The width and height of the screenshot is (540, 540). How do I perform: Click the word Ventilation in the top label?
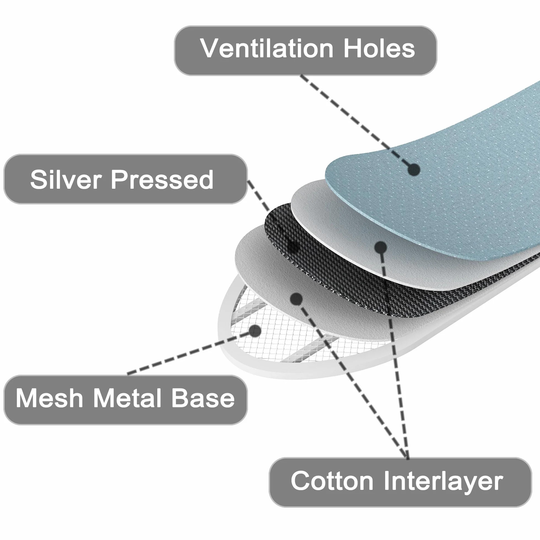[x=267, y=48]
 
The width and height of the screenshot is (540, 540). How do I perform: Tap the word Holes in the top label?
[x=379, y=48]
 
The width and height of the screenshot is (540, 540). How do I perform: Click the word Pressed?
[x=162, y=180]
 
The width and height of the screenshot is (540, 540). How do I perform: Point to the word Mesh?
[x=50, y=398]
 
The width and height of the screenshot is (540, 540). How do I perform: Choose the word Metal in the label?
[x=127, y=398]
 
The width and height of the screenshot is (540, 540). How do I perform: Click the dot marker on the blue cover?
[x=414, y=169]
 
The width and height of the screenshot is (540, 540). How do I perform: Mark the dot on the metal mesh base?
[x=255, y=331]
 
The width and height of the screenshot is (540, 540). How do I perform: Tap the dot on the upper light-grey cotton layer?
[x=380, y=247]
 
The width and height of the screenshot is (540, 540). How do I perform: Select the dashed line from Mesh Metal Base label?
[x=191, y=352]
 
